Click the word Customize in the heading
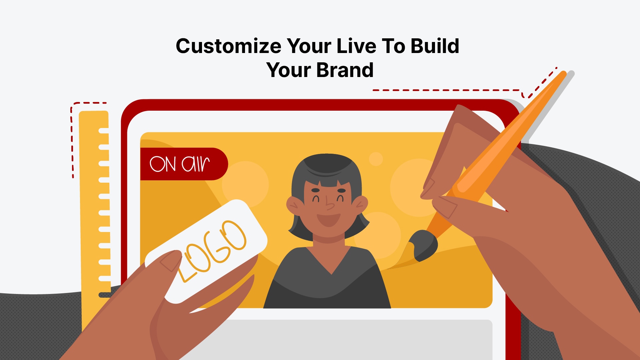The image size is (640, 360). (x=228, y=46)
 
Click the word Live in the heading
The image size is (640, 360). (x=356, y=46)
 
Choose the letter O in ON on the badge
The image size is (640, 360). (x=157, y=164)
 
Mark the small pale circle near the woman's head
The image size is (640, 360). (x=376, y=159)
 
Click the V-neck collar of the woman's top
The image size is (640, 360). (x=331, y=267)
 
